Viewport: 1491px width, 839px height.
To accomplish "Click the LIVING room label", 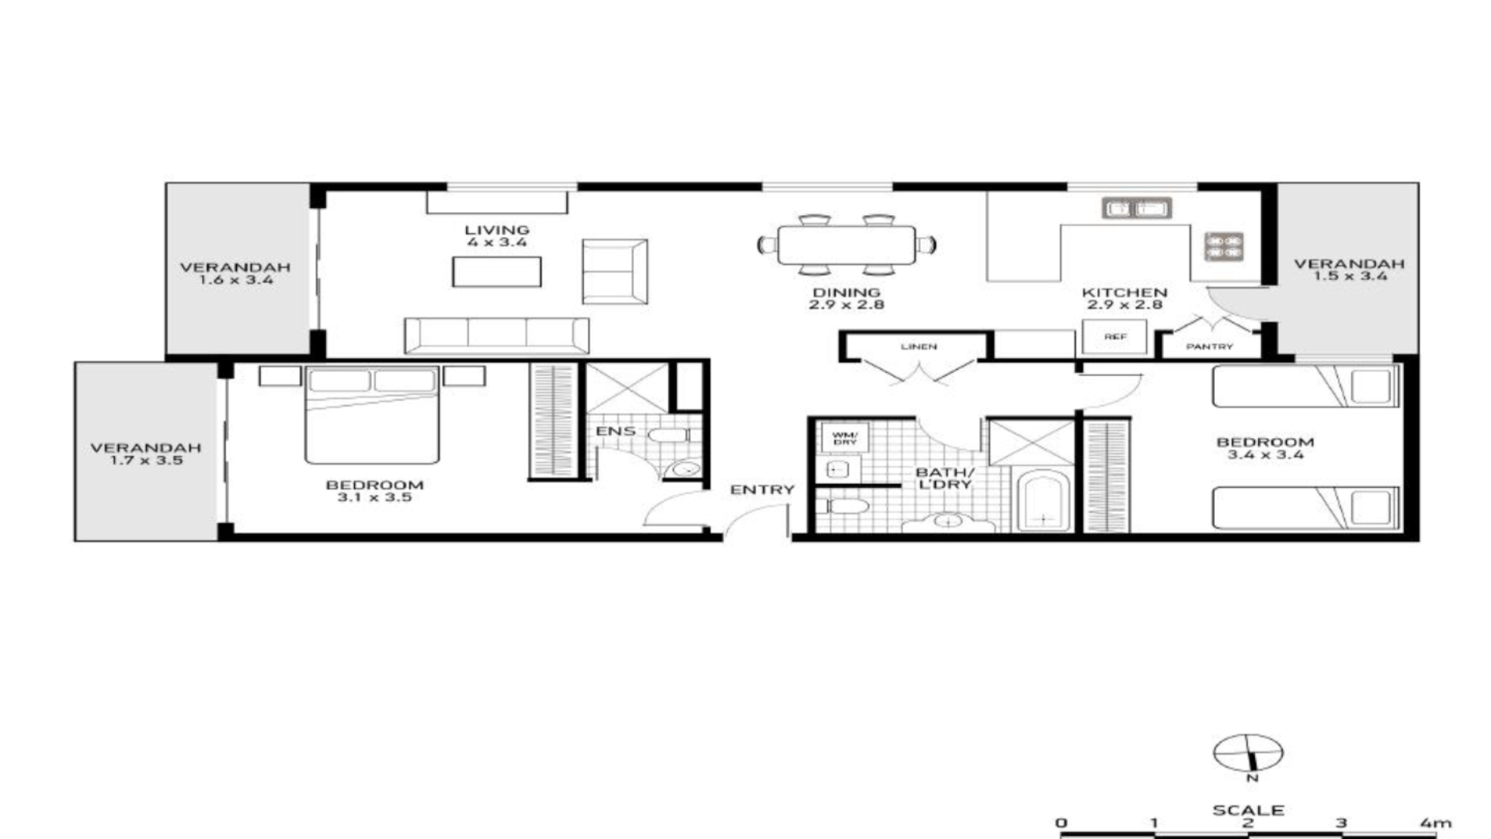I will click(x=497, y=230).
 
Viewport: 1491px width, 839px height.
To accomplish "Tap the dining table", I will click(x=846, y=245).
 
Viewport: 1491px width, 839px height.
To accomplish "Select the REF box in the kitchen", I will click(x=1115, y=337).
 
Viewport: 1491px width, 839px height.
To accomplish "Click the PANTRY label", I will click(x=1209, y=346).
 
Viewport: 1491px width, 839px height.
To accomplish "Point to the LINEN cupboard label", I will click(x=919, y=346).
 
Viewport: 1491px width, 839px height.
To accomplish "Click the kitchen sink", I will click(x=1137, y=208).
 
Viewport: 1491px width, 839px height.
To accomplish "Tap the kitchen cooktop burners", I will click(x=1224, y=246).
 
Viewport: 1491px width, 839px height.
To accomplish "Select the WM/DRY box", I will click(x=845, y=438).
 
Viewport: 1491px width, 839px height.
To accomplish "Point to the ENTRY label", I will click(x=762, y=489).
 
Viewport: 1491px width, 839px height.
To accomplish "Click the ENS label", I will click(x=616, y=431).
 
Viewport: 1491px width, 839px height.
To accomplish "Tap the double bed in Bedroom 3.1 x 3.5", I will click(x=372, y=416).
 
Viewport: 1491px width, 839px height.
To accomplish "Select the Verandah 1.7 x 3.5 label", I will click(x=145, y=454).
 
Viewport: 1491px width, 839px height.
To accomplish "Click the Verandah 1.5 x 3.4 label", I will click(x=1349, y=270).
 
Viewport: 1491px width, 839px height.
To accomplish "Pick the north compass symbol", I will click(x=1248, y=753).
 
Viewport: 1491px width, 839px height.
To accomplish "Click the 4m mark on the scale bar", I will click(x=1434, y=823).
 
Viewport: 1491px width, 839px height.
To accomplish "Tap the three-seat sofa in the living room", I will click(x=496, y=336).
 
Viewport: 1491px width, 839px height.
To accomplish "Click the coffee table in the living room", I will click(x=497, y=272).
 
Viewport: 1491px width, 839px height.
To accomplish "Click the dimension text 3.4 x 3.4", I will click(x=1265, y=454).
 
